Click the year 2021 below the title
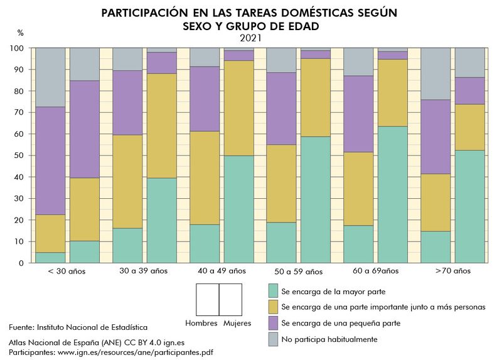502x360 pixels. pos(250,38)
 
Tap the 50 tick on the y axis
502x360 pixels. pos(19,156)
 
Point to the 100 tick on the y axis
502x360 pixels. pos(17,48)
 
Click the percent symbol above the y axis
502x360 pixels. pos(20,33)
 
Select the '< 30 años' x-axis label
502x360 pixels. pos(67,272)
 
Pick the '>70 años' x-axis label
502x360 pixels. pos(452,272)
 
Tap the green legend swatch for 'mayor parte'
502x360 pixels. pos(273,292)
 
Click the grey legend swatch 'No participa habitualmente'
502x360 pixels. pos(273,339)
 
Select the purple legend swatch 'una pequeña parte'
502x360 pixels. pos(273,323)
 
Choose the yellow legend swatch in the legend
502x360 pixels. pos(273,307)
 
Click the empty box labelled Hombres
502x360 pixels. pos(207,300)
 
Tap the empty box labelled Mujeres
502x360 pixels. pos(230,300)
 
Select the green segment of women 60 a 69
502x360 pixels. pos(392,194)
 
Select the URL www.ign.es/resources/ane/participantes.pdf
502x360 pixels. pos(135,352)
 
